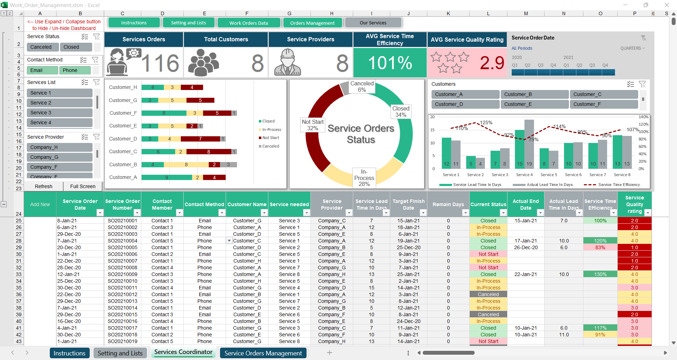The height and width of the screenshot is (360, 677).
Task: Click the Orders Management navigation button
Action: pos(312,23)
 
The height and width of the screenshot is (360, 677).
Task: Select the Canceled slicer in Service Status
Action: pos(41,47)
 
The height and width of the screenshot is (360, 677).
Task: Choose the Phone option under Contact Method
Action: pos(75,70)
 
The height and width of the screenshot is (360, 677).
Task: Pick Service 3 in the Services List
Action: pos(59,113)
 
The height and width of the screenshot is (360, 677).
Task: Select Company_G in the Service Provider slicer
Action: pos(59,157)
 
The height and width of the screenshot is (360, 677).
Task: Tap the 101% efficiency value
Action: pos(390,63)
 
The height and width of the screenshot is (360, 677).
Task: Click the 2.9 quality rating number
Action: pos(492,63)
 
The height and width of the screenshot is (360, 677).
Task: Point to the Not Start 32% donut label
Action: pos(313,125)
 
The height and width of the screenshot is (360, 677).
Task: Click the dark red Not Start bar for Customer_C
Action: pos(209,152)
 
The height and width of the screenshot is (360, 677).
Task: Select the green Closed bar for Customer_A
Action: pos(167,178)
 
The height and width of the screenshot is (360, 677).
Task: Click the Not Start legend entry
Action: pos(270,138)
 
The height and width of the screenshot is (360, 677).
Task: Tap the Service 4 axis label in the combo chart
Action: pos(524,175)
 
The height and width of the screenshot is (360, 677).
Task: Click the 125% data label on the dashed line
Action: pos(486,122)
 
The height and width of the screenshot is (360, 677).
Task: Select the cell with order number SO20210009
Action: pos(123,274)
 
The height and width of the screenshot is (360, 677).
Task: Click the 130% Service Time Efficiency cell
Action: pos(600,274)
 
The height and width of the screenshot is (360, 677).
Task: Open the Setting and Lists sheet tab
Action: pos(120,353)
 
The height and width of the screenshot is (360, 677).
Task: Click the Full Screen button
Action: pos(83,186)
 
